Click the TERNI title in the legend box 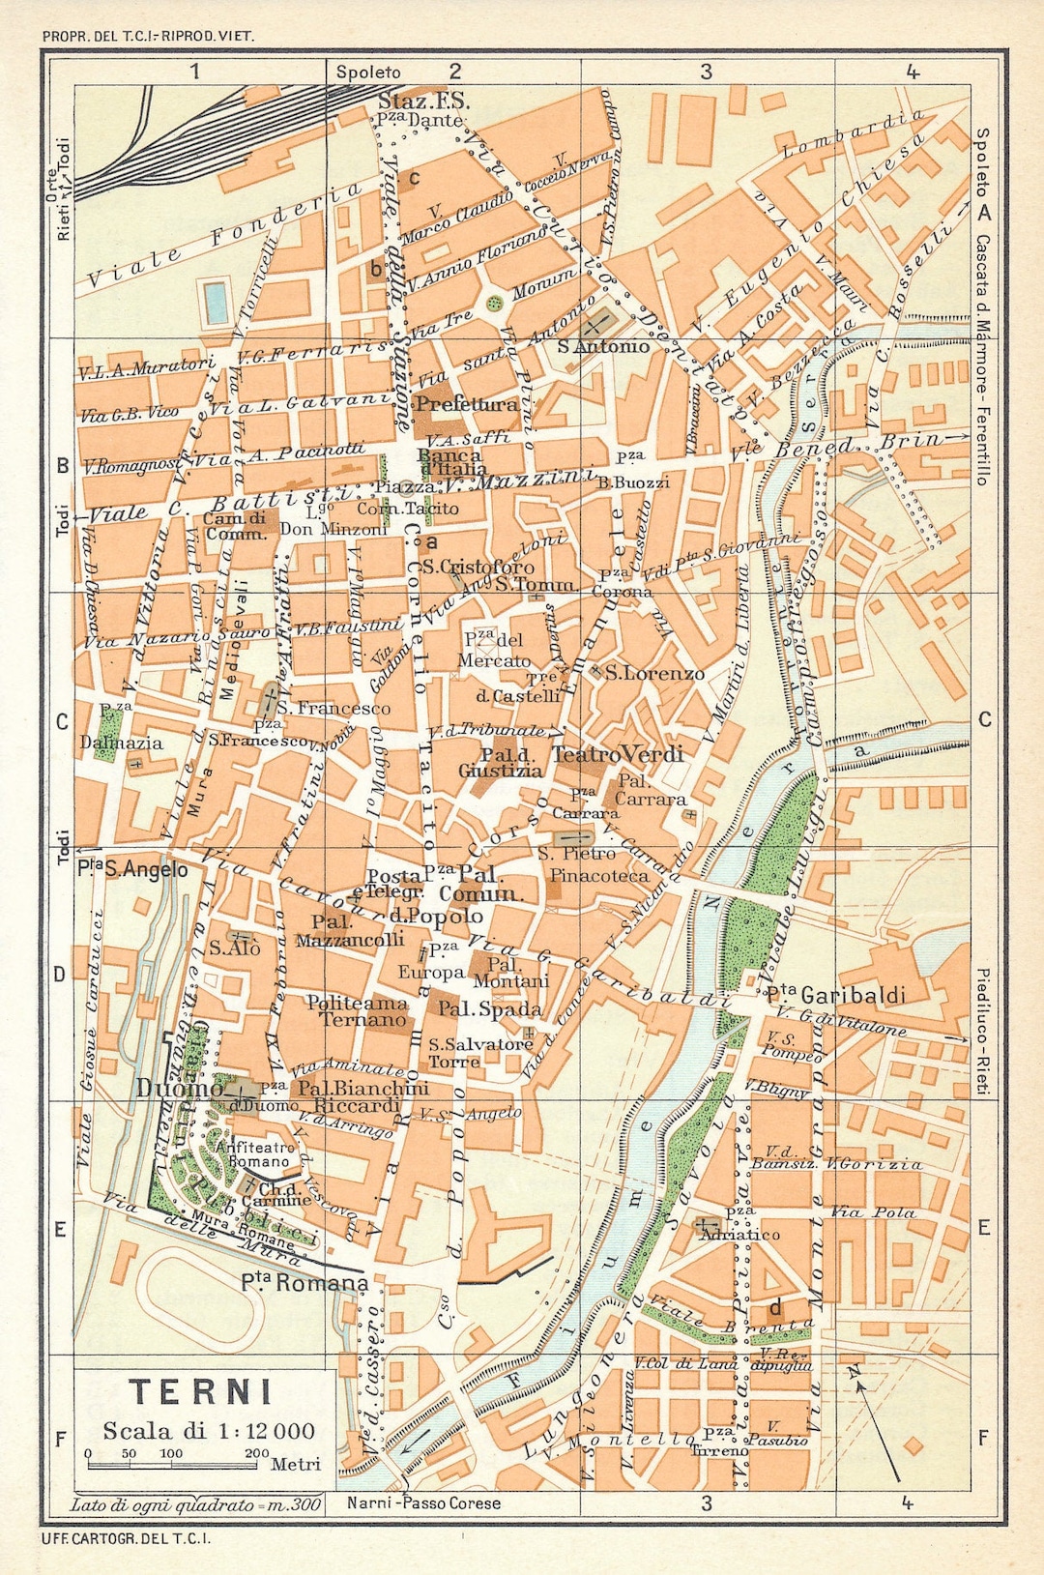[x=201, y=1392]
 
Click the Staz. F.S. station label [x=422, y=101]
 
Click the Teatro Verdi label [x=618, y=754]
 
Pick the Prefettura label [x=467, y=404]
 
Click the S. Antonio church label [x=603, y=346]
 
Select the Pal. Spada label [x=490, y=1008]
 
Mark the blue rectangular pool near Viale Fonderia [x=216, y=303]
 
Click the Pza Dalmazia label [x=121, y=735]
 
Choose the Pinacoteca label [x=599, y=876]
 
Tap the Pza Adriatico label [x=739, y=1227]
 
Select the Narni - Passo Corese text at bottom [x=423, y=1502]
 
